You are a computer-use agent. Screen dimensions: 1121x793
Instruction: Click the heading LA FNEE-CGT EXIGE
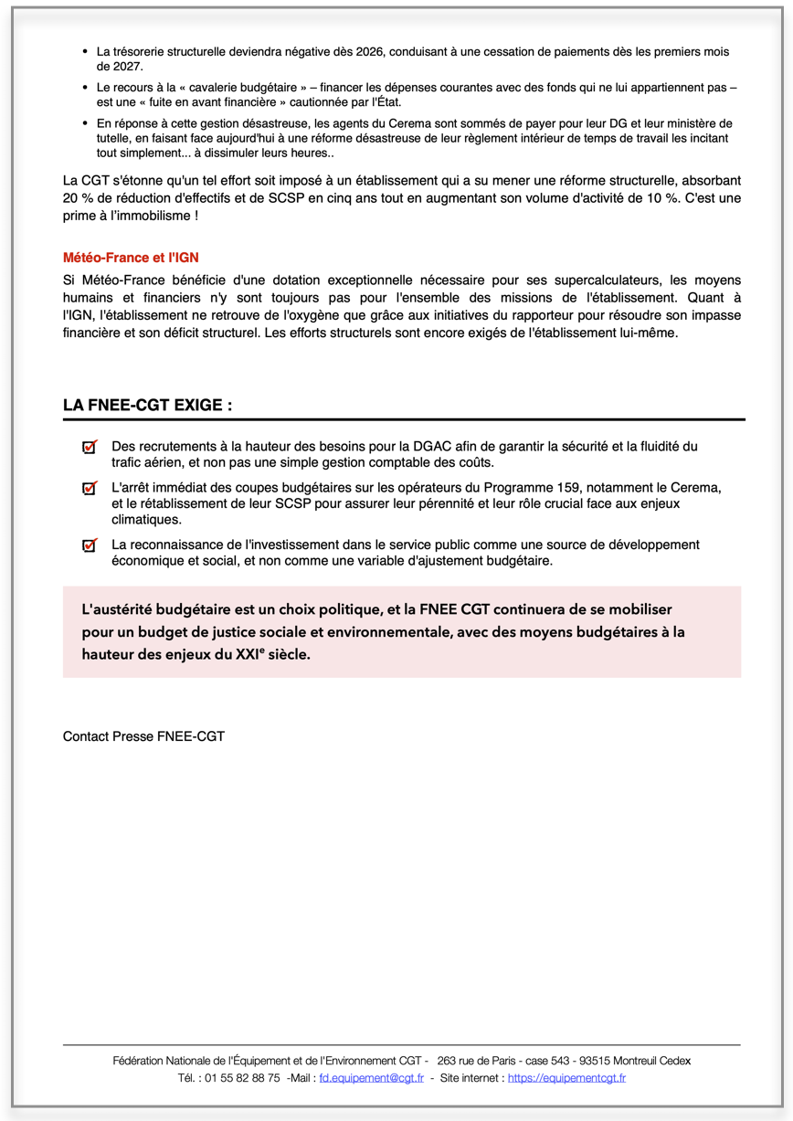[147, 405]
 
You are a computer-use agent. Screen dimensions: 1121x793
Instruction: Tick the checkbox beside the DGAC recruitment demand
[89, 447]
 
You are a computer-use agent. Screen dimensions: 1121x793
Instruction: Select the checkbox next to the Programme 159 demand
[89, 489]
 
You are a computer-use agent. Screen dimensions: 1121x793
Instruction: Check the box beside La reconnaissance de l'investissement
[89, 545]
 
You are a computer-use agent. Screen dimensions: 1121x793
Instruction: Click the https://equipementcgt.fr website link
[566, 1078]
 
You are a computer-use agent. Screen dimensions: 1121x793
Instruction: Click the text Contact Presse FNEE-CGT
[143, 735]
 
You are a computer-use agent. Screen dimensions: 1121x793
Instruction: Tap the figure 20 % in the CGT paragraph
[77, 198]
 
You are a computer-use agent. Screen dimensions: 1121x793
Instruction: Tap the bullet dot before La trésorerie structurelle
[85, 53]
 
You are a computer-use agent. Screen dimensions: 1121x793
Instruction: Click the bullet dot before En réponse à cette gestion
[85, 123]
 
